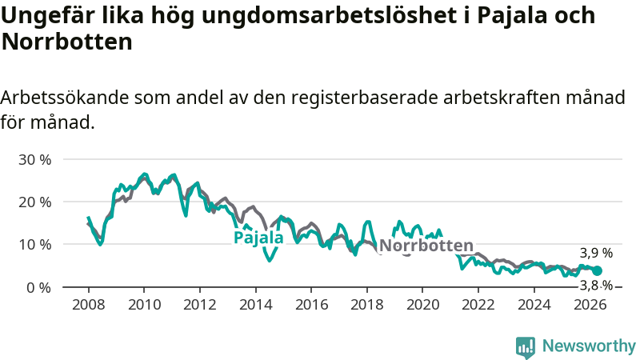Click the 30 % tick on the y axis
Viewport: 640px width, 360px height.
(x=35, y=159)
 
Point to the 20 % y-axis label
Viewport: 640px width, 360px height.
(x=35, y=202)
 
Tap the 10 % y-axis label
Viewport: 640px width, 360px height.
(x=35, y=245)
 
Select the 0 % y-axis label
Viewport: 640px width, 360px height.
(x=38, y=288)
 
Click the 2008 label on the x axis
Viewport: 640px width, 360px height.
(x=88, y=305)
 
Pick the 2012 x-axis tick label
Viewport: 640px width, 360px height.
(x=199, y=305)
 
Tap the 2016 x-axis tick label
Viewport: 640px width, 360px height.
(x=311, y=305)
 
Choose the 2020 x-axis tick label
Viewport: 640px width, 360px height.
(x=422, y=305)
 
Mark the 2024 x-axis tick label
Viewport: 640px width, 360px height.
(x=534, y=305)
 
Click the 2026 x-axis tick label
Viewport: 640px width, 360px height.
(x=590, y=305)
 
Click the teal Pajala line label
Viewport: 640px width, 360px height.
(x=258, y=238)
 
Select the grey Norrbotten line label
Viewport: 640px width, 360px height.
(x=426, y=246)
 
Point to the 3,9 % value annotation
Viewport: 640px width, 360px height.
(x=596, y=253)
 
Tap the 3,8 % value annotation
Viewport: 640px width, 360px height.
(x=596, y=286)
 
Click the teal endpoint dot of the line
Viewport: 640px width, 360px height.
(x=597, y=270)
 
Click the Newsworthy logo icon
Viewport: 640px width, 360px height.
(x=526, y=348)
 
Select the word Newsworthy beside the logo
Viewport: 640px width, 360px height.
(x=589, y=346)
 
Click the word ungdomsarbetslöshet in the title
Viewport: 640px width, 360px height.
(x=330, y=15)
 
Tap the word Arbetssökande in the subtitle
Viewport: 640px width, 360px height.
(x=65, y=98)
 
